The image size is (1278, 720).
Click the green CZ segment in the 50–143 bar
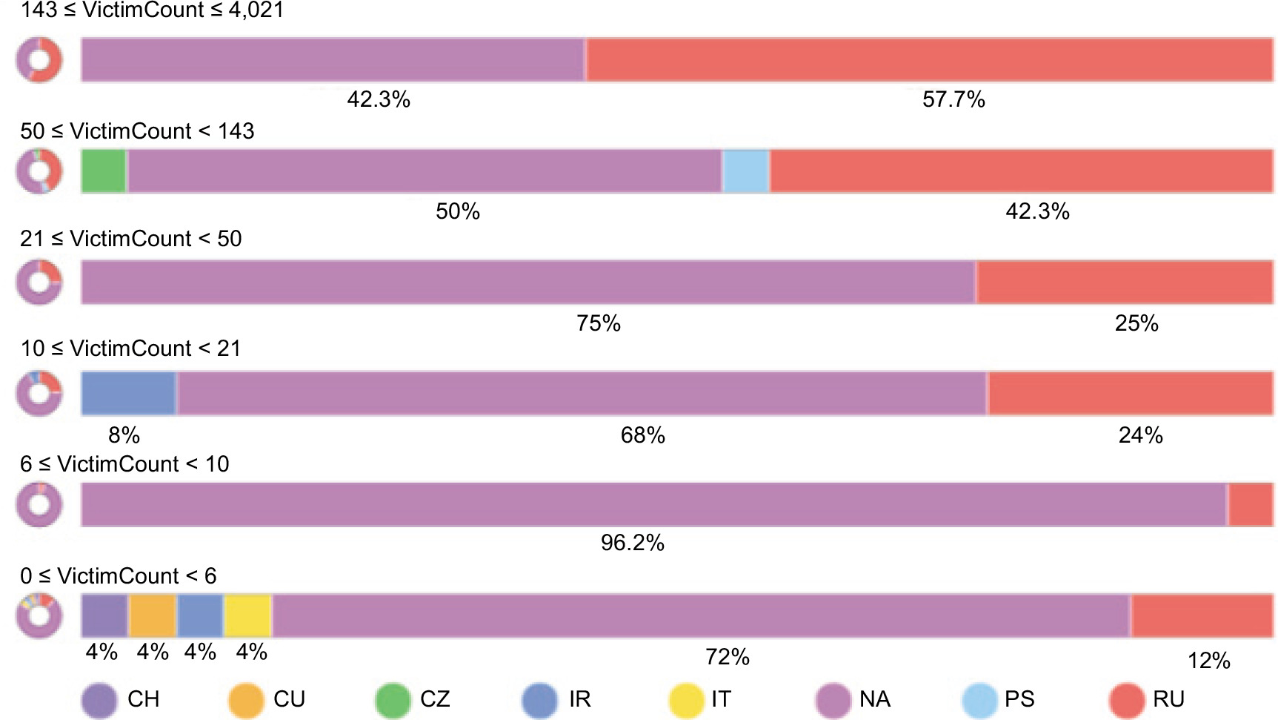[104, 171]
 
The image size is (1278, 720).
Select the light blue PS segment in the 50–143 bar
[746, 171]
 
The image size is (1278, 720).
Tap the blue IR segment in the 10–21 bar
[129, 394]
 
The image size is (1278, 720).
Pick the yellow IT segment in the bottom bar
[247, 615]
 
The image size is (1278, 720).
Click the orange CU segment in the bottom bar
[153, 615]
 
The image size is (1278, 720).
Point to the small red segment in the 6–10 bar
[1251, 505]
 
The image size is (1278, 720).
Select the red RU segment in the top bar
[930, 60]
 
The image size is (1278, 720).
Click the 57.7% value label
[953, 99]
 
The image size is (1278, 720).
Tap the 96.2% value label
[633, 543]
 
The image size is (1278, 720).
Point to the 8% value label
[124, 435]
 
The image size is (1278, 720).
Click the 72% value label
[728, 656]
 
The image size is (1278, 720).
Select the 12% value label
[1209, 660]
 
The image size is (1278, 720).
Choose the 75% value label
[599, 323]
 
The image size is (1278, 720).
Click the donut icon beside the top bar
[39, 60]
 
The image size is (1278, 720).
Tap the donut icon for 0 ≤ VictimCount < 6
[39, 615]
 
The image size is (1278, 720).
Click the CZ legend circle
[393, 700]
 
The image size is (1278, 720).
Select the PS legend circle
[979, 700]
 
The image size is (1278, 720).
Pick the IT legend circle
[686, 700]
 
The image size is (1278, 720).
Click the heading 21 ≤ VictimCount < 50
[131, 239]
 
